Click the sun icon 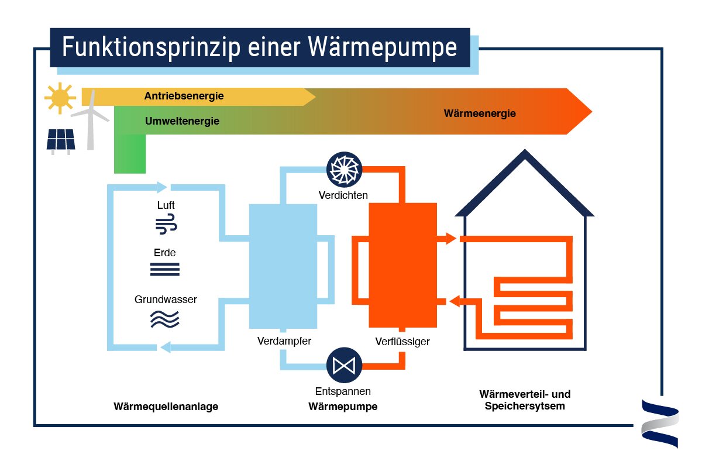point(60,97)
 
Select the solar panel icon point(60,140)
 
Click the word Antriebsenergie point(184,96)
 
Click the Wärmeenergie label point(480,113)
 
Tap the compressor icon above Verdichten point(345,169)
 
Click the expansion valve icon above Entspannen point(343,365)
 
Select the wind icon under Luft point(166,225)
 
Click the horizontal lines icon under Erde point(165,269)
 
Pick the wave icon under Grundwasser point(165,319)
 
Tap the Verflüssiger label point(402,341)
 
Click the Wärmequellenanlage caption point(166,407)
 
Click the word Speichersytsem point(525,406)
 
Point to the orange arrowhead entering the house point(450,239)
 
